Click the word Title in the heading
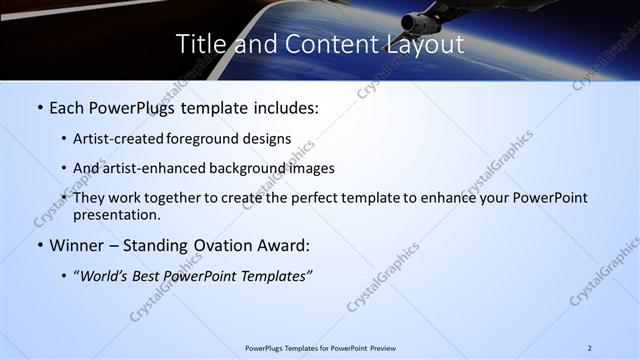[199, 44]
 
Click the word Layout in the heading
[428, 44]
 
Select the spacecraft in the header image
[425, 18]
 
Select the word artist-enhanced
[151, 168]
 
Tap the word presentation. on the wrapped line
[116, 214]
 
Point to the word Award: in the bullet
[279, 244]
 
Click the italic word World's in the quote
[104, 275]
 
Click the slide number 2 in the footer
[590, 347]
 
